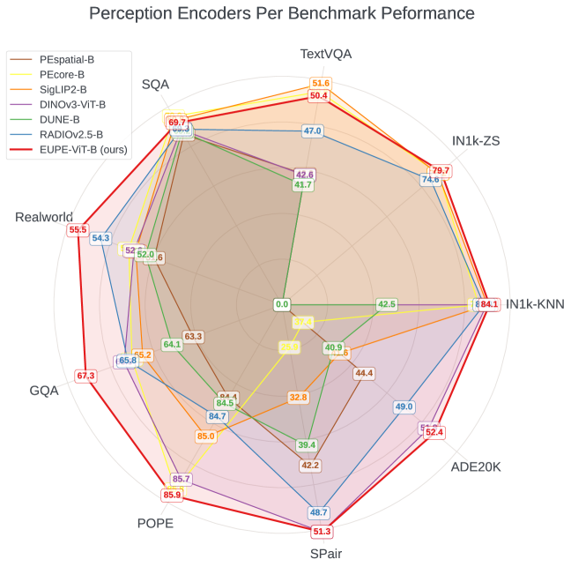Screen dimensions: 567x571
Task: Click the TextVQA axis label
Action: (x=325, y=54)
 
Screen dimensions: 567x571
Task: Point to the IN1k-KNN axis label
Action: (x=535, y=304)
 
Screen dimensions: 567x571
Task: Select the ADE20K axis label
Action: (x=475, y=466)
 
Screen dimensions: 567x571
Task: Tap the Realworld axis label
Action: (x=43, y=217)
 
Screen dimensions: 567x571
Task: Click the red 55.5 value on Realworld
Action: (x=78, y=230)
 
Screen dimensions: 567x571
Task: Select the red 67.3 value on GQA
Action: (x=85, y=376)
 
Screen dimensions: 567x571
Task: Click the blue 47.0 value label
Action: (x=312, y=131)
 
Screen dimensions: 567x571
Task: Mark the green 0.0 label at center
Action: (x=281, y=304)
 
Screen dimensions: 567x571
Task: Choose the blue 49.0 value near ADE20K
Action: (x=404, y=407)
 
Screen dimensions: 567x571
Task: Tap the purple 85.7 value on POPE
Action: (x=182, y=479)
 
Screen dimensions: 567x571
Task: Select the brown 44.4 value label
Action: (x=364, y=373)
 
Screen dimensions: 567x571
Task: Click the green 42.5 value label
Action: (x=386, y=304)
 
